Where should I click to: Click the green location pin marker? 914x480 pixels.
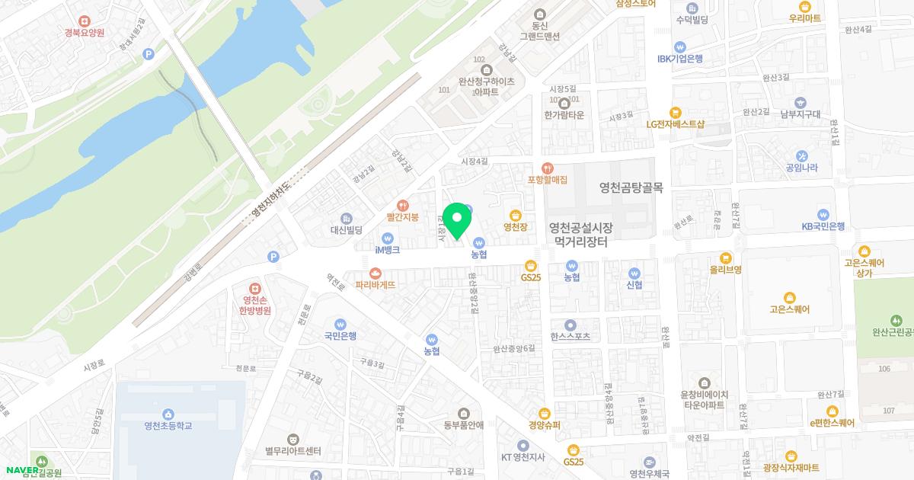[457, 221]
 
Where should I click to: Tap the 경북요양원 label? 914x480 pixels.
[85, 33]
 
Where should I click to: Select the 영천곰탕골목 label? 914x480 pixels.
[631, 187]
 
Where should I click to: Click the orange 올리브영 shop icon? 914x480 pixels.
[725, 258]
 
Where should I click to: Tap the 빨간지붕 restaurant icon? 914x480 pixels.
[403, 203]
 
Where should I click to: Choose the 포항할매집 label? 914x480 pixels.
[548, 180]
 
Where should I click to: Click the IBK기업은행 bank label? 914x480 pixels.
[679, 59]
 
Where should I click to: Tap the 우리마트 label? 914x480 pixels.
[805, 18]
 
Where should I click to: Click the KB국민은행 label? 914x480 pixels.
[823, 226]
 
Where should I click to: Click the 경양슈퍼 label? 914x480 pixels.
[544, 426]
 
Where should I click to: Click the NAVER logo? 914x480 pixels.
[21, 469]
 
